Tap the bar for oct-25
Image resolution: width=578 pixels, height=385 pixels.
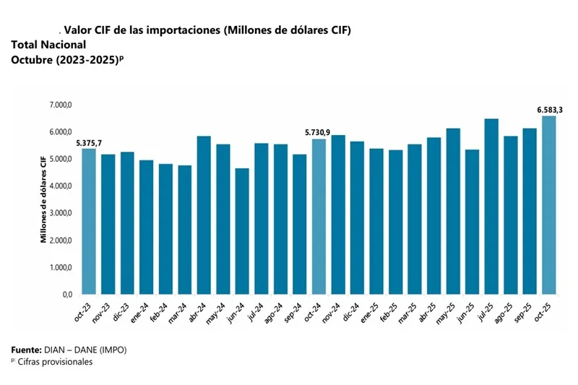click(549, 205)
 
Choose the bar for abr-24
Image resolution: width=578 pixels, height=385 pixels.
click(204, 215)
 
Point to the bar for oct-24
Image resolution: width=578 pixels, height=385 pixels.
click(319, 217)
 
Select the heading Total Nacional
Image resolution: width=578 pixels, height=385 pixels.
click(48, 45)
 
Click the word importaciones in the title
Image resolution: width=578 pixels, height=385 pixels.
click(184, 30)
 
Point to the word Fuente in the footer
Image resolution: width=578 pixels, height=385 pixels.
click(26, 350)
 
